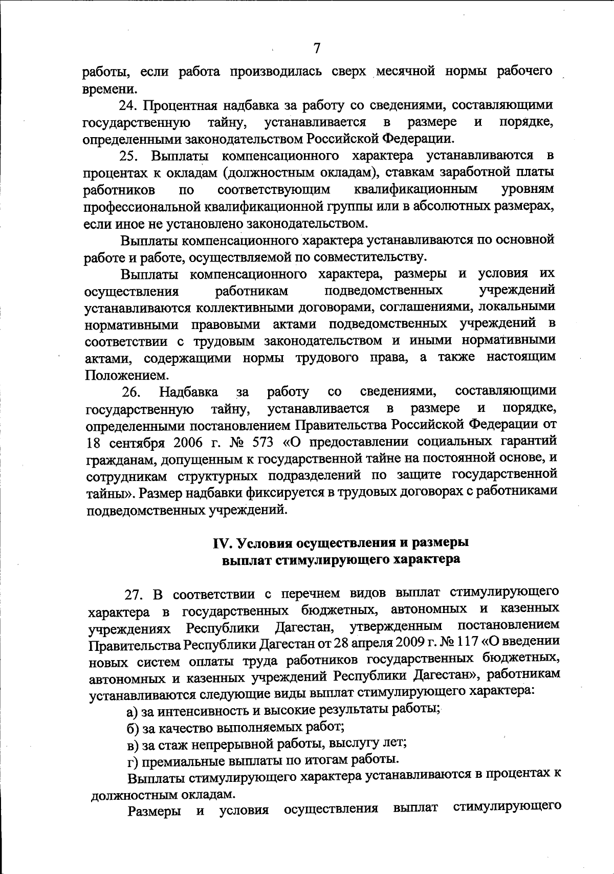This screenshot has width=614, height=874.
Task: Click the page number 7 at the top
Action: [x=317, y=48]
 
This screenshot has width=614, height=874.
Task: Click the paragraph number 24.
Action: [x=128, y=105]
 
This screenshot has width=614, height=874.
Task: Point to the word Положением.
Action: [x=119, y=375]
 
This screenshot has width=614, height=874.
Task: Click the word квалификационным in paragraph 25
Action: [x=415, y=189]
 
